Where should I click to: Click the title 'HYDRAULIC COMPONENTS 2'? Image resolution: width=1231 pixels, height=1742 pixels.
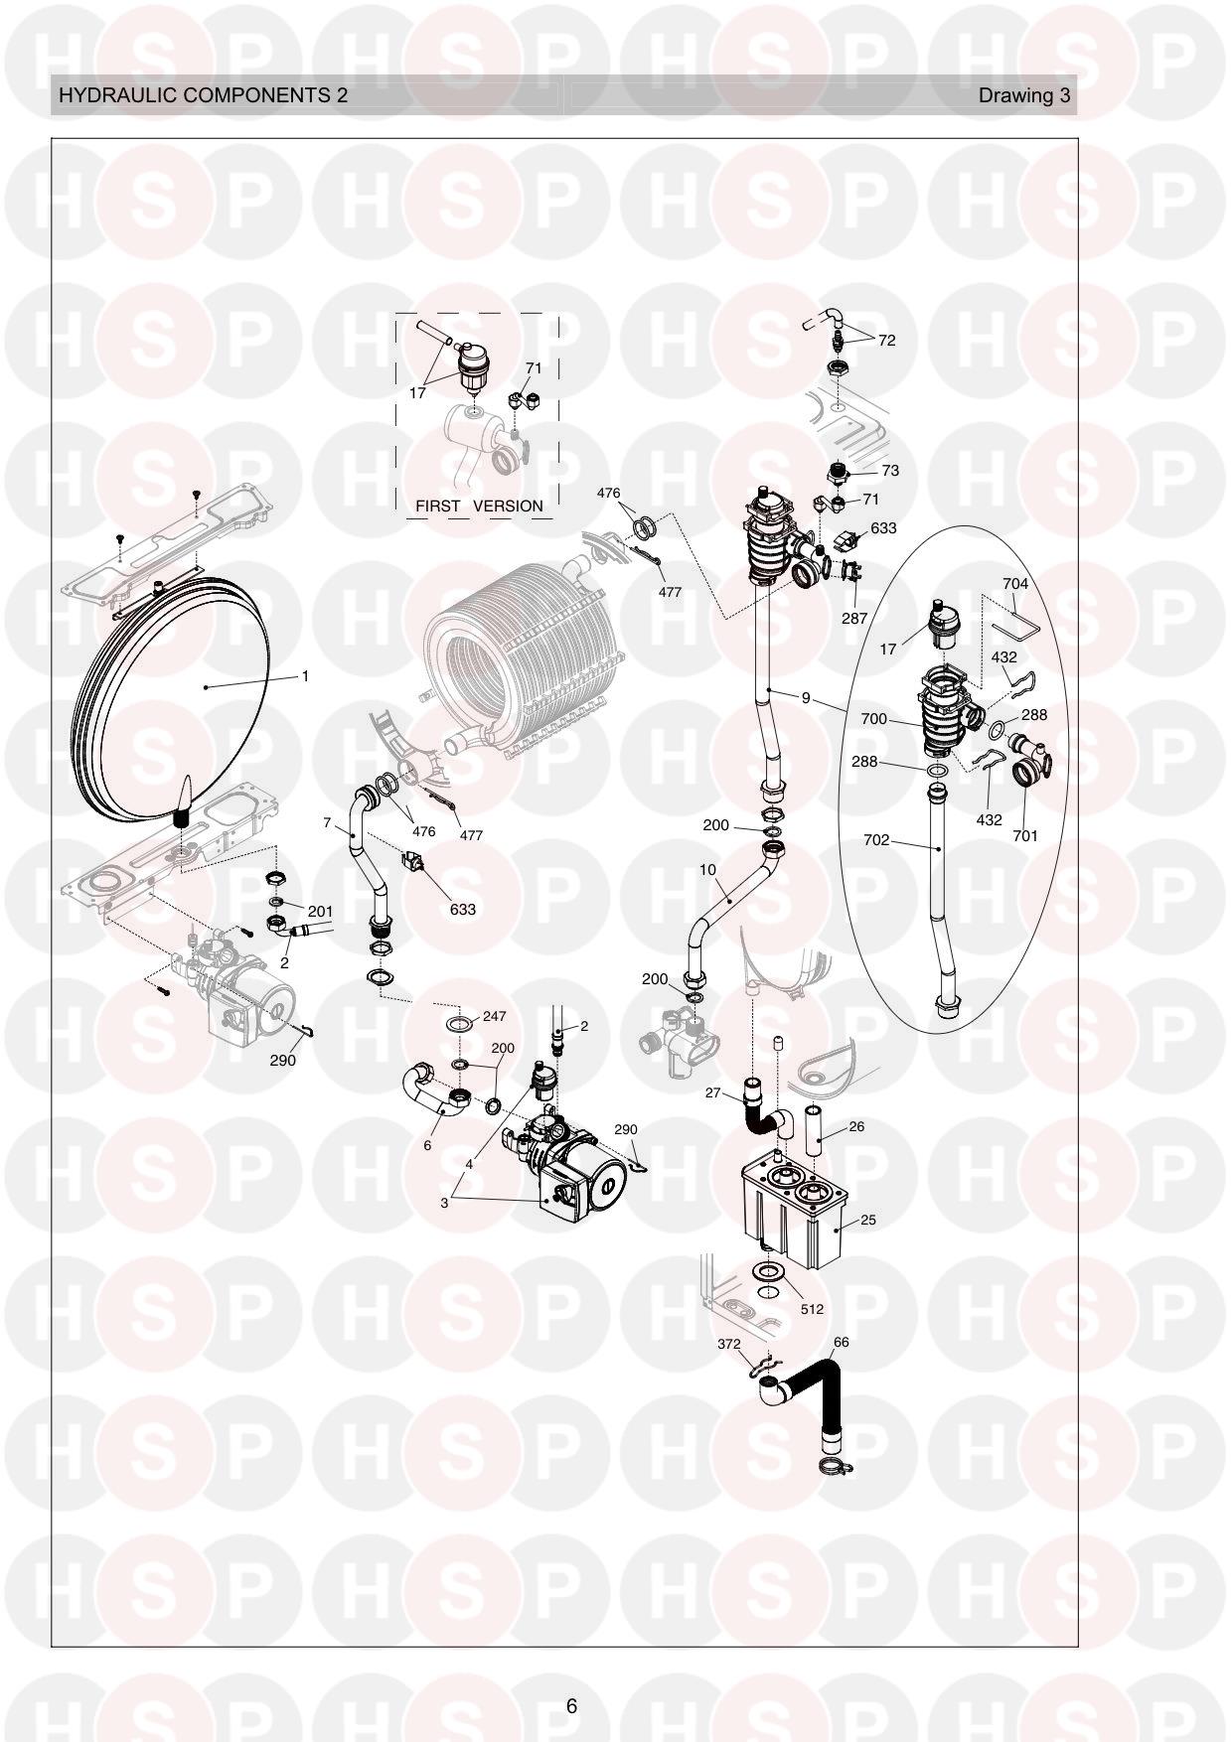click(204, 95)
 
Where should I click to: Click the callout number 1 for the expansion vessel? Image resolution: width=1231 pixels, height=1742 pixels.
click(305, 676)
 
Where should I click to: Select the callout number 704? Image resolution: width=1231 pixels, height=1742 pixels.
click(1015, 584)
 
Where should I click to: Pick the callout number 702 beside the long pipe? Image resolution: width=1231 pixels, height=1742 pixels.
click(876, 840)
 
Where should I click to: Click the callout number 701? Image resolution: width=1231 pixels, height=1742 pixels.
click(1025, 836)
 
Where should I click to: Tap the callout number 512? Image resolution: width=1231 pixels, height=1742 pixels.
click(812, 1309)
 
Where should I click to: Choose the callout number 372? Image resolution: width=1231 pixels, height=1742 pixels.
click(729, 1344)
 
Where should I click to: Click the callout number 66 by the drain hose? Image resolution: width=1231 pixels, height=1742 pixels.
click(841, 1342)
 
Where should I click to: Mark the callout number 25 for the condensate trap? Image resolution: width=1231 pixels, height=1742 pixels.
click(868, 1220)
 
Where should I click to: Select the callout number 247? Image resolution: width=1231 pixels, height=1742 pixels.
click(495, 1017)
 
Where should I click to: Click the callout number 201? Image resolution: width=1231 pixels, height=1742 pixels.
click(320, 912)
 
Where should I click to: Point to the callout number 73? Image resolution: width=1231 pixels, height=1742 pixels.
click(890, 471)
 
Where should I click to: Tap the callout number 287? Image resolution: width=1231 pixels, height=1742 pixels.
click(854, 618)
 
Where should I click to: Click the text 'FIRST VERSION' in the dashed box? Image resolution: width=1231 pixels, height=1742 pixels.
click(479, 506)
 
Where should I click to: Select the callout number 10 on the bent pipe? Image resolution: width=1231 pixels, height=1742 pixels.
click(707, 870)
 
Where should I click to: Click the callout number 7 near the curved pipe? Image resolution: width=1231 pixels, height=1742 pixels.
click(327, 822)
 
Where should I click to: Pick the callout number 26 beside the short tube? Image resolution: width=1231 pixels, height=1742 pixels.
click(856, 1126)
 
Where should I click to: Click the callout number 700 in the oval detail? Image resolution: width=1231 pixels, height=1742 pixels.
click(874, 719)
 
